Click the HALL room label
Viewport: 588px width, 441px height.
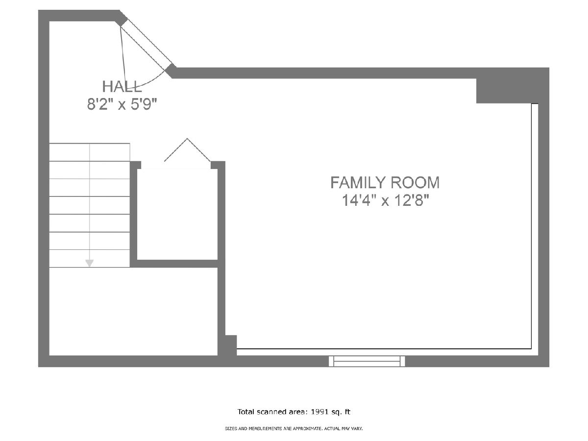122,87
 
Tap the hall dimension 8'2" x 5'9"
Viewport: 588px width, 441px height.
122,104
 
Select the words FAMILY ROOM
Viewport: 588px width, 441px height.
385,183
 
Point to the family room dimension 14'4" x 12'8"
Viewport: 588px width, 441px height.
386,200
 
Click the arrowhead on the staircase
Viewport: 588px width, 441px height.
90,263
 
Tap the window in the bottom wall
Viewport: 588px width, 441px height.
367,361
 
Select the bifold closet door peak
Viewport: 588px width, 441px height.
187,140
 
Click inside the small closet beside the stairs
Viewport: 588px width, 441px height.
177,214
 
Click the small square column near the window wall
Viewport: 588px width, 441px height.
231,345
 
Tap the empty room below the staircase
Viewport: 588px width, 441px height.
133,312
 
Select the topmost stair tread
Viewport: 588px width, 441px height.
90,152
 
